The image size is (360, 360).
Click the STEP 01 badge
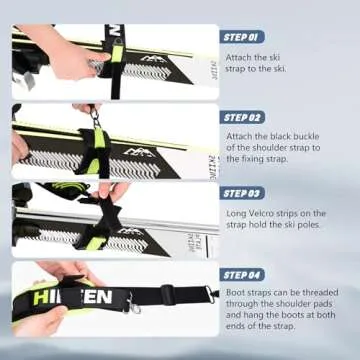point(244,36)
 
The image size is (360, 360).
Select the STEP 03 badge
point(244,192)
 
